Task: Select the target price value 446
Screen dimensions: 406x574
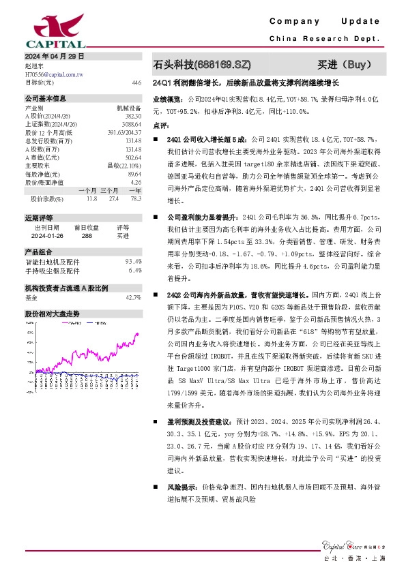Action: pyautogui.click(x=136, y=82)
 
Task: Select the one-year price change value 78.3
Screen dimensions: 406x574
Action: pyautogui.click(x=135, y=198)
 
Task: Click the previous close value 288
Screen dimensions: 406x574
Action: pyautogui.click(x=87, y=235)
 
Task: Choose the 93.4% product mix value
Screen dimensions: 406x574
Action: pyautogui.click(x=133, y=262)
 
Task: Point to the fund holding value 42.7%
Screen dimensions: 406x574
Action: pyautogui.click(x=133, y=298)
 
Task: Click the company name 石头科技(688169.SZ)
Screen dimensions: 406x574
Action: pyautogui.click(x=202, y=65)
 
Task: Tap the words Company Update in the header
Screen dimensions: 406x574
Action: pyautogui.click(x=334, y=22)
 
